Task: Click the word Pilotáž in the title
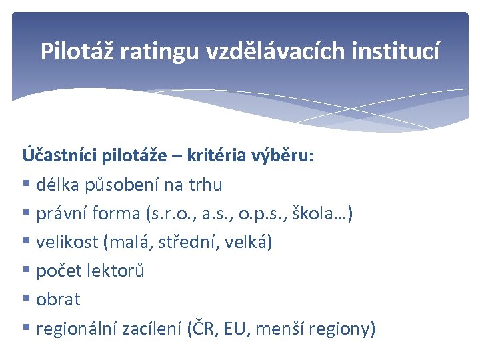point(78,52)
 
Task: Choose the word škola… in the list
point(325,213)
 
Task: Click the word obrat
point(58,299)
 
